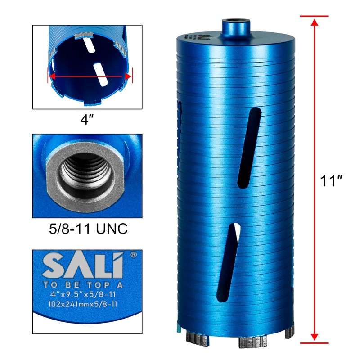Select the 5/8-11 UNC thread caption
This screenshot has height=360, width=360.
click(x=87, y=229)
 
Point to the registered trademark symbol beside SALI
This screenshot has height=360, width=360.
click(x=133, y=255)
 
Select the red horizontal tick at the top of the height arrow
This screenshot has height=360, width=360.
click(x=315, y=16)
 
